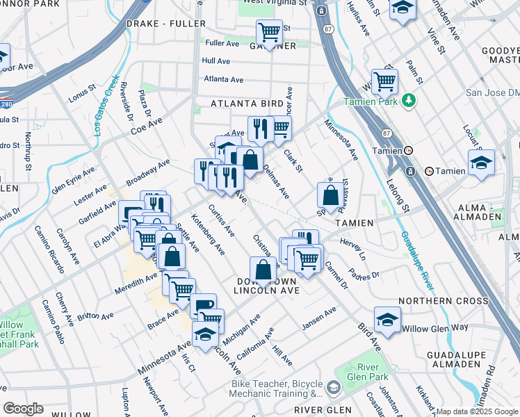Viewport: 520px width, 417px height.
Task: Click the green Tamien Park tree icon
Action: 410,100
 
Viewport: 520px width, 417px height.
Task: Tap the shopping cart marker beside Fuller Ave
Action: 268,31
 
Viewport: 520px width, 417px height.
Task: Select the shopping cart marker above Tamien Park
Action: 384,81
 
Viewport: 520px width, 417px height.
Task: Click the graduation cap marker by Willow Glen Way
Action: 387,320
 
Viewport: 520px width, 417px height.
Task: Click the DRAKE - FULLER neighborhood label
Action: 166,24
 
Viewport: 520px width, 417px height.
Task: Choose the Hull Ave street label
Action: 216,61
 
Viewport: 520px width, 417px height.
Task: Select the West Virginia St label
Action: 275,3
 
